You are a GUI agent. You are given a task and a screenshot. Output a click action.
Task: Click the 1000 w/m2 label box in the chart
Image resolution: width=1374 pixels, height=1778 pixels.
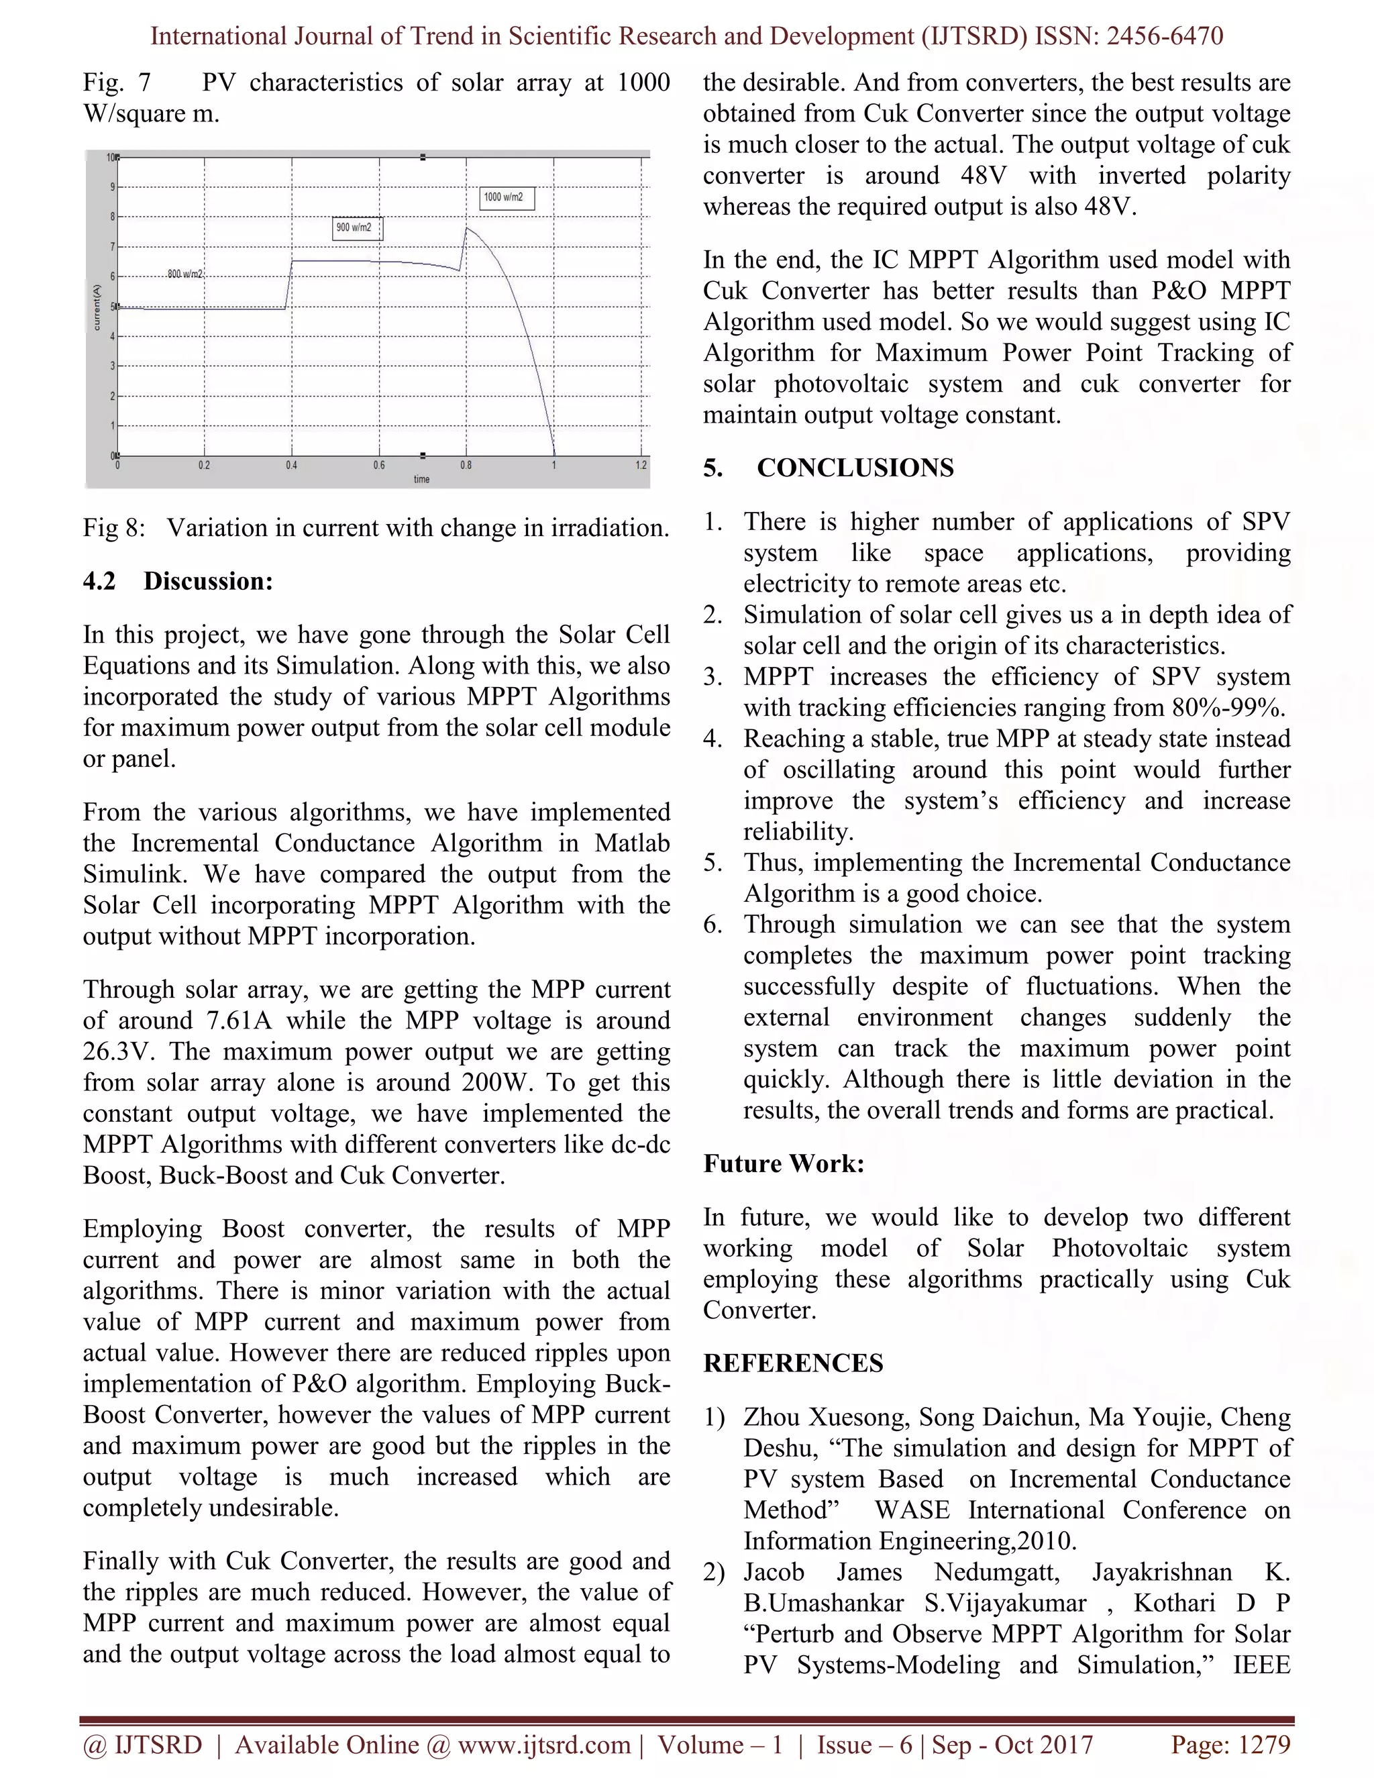pos(507,198)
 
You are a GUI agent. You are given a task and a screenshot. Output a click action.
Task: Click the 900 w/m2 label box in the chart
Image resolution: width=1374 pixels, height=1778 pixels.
pos(358,228)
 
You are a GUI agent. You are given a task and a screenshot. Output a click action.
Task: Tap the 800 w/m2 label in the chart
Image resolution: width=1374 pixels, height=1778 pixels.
pos(184,274)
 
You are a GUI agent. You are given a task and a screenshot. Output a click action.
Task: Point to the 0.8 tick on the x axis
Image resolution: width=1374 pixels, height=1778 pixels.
pos(466,466)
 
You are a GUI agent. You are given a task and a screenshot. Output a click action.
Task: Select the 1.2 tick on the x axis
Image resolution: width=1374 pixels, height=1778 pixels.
pos(641,466)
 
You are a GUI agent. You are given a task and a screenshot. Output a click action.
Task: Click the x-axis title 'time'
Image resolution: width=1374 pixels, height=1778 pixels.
pos(421,480)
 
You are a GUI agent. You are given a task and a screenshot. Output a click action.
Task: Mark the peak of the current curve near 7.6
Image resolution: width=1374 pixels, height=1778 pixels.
pos(466,229)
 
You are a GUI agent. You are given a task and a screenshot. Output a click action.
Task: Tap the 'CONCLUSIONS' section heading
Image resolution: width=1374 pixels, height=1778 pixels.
pos(855,468)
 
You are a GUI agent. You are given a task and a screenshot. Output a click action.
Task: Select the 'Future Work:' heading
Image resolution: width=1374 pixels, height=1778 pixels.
pos(783,1163)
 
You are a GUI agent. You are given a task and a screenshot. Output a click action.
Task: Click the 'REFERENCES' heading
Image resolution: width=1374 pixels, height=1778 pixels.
pos(793,1363)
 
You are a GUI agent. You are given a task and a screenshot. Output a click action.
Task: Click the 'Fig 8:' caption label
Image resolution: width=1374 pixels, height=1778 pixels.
pos(113,528)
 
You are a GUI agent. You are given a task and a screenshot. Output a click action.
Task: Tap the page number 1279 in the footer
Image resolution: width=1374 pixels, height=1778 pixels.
pos(1263,1744)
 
